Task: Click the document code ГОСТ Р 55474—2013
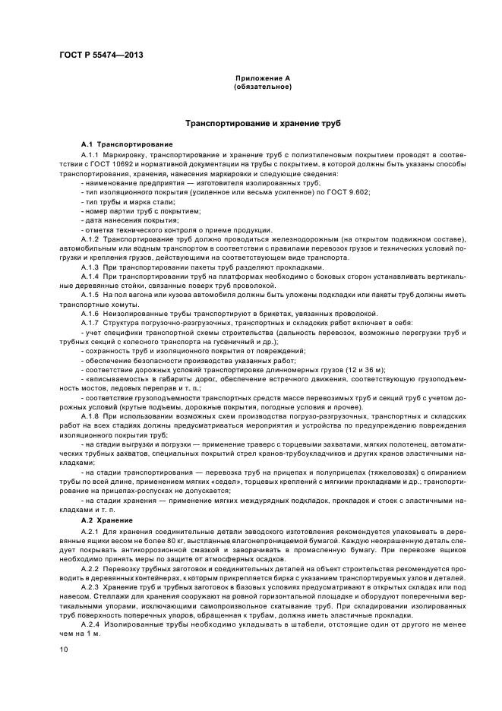pos(101,55)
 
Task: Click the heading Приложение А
pos(262,78)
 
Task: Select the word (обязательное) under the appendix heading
pos(262,86)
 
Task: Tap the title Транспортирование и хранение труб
pos(264,122)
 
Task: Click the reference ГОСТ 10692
pos(112,163)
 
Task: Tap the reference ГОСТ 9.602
pos(352,192)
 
